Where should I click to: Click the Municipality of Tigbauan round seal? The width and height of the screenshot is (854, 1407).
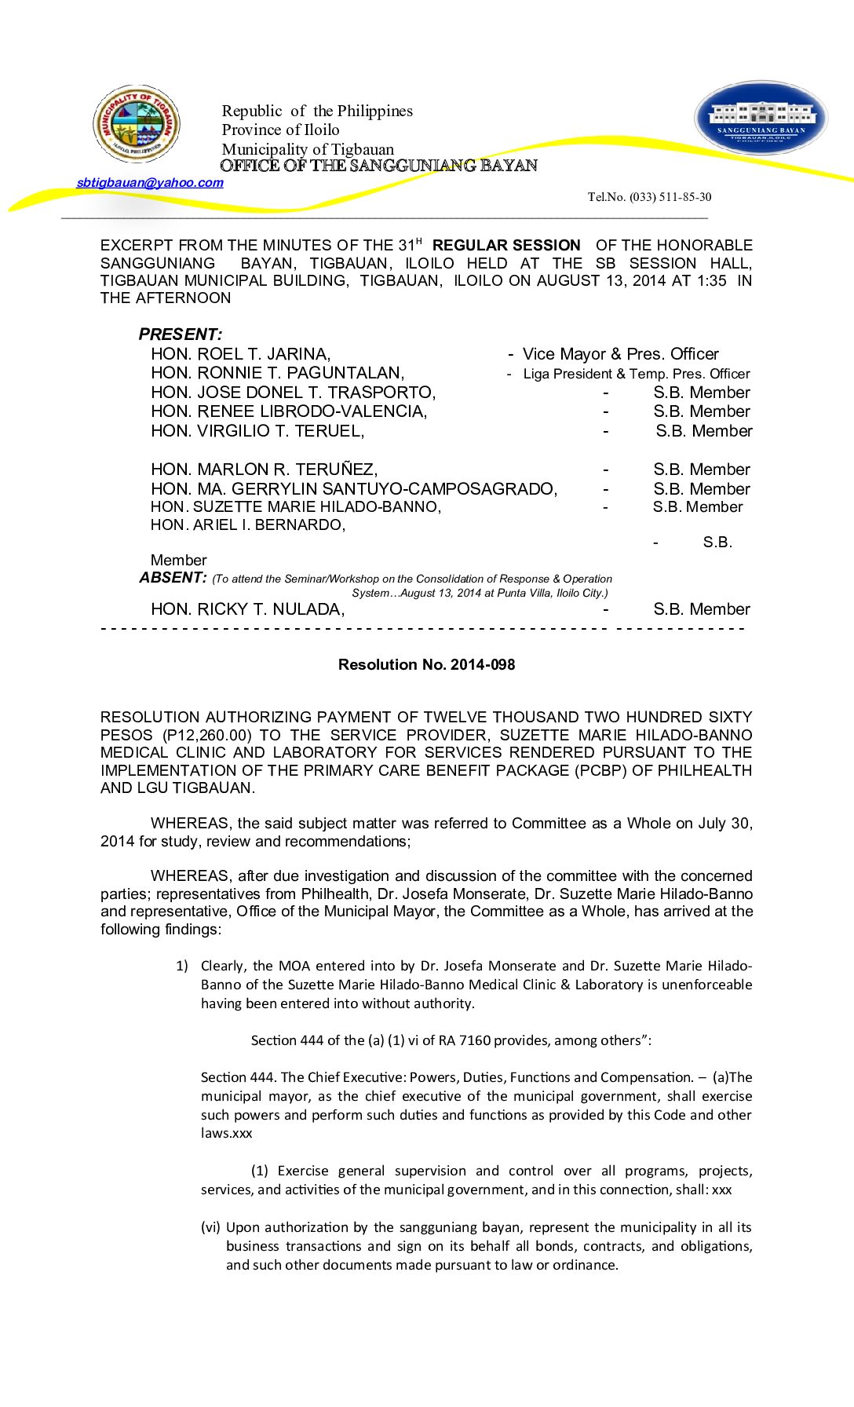137,124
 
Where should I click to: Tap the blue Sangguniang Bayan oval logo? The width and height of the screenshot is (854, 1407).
761,118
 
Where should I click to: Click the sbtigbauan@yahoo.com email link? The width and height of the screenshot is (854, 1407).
150,183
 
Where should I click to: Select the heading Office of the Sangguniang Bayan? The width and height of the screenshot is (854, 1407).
378,166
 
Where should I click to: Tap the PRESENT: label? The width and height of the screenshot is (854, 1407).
181,334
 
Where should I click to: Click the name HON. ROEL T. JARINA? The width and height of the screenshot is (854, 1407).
240,354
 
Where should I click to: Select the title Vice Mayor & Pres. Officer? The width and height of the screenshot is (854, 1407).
620,354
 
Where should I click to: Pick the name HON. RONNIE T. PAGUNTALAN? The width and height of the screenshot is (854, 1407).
277,373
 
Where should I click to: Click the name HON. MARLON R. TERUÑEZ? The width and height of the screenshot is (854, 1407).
264,470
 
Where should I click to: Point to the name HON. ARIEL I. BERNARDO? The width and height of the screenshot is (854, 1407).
247,525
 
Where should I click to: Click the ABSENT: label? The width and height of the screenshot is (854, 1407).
173,578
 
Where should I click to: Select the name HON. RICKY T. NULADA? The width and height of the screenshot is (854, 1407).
247,609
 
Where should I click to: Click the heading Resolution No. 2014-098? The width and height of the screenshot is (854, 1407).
426,665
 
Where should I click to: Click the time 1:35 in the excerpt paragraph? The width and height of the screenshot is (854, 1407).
711,281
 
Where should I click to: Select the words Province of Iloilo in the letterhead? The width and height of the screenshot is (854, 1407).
280,130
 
